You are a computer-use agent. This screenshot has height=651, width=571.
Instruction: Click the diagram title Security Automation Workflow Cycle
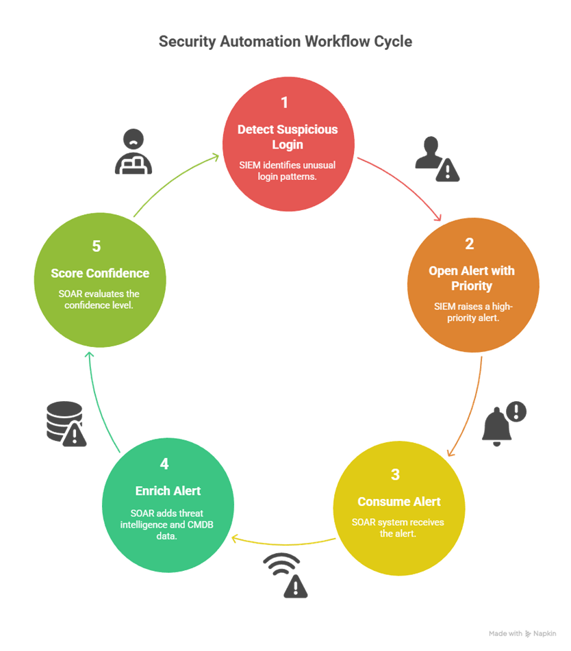click(x=285, y=42)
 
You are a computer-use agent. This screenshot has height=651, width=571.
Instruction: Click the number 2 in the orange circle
click(x=470, y=244)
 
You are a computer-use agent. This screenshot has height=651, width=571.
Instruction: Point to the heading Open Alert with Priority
click(x=471, y=278)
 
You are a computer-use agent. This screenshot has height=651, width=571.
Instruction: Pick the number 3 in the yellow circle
click(x=395, y=474)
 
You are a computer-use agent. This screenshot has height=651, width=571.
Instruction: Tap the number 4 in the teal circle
click(x=164, y=464)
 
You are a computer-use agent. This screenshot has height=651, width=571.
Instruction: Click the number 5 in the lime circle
click(x=97, y=246)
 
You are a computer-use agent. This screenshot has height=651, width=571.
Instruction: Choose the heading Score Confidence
click(x=100, y=273)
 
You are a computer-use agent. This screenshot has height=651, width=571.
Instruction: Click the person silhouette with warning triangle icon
click(x=436, y=159)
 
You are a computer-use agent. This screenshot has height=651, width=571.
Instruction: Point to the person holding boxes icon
click(x=133, y=151)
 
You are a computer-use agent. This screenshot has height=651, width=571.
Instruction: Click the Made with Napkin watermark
click(x=522, y=633)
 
